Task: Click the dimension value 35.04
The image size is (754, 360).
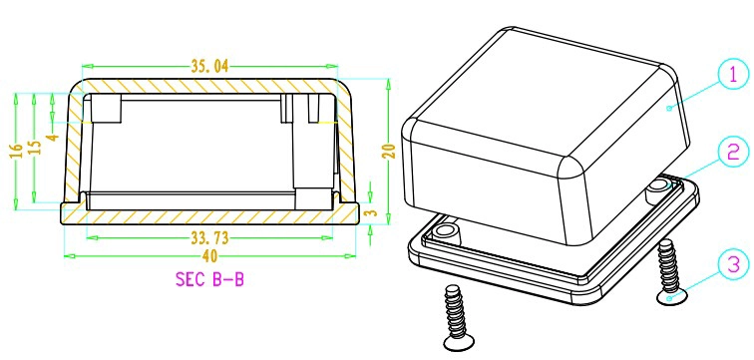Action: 209,67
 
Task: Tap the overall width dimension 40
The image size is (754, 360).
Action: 209,256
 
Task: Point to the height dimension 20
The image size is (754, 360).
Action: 391,151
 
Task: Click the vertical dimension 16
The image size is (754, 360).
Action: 16,151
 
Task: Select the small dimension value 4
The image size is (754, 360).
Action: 53,137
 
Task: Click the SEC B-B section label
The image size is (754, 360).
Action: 209,279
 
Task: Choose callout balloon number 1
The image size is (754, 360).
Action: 732,77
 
